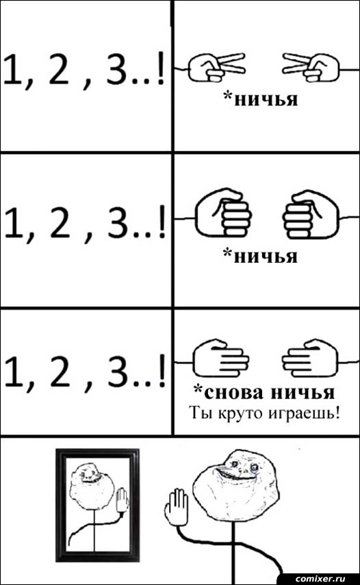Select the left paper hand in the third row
click(220, 358)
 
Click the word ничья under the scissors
click(266, 100)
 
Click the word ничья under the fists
click(266, 257)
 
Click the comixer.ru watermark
click(320, 578)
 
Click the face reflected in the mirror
click(92, 484)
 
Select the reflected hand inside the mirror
click(123, 500)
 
